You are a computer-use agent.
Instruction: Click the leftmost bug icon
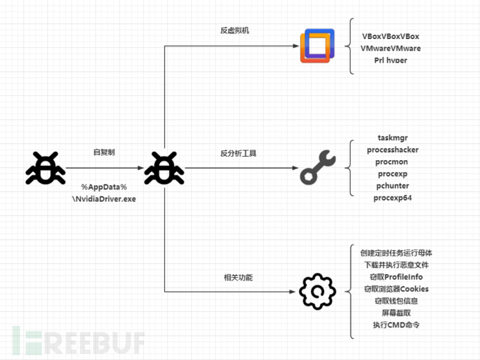pyautogui.click(x=46, y=168)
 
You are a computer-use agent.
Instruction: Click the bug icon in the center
pyautogui.click(x=163, y=168)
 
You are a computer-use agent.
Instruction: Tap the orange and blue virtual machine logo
pyautogui.click(x=317, y=46)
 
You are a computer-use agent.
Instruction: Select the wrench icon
pyautogui.click(x=317, y=168)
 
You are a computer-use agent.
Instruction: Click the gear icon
pyautogui.click(x=317, y=292)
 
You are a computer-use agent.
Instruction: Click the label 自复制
pyautogui.click(x=104, y=152)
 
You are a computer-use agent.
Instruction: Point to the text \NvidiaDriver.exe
pyautogui.click(x=104, y=198)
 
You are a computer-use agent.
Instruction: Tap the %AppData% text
pyautogui.click(x=104, y=187)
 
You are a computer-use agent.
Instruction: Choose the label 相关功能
pyautogui.click(x=235, y=277)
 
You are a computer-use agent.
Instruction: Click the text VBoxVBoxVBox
pyautogui.click(x=391, y=36)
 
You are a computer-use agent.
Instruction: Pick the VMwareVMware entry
pyautogui.click(x=391, y=48)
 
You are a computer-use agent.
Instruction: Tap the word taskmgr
pyautogui.click(x=393, y=138)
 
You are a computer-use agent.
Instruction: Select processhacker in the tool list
pyautogui.click(x=393, y=150)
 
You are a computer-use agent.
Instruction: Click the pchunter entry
pyautogui.click(x=393, y=186)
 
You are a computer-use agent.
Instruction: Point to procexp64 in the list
pyautogui.click(x=393, y=198)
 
